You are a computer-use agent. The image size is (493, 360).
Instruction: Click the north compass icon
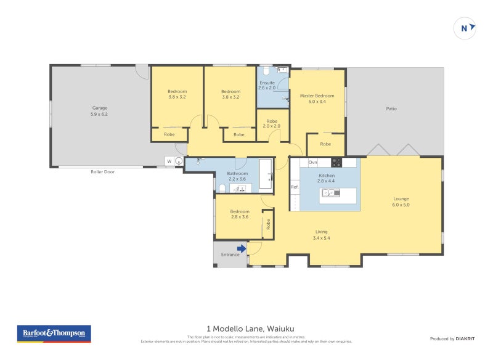point(465,28)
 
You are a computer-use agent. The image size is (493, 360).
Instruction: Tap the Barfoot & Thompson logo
point(53,333)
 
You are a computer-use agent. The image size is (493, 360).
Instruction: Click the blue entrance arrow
point(242,249)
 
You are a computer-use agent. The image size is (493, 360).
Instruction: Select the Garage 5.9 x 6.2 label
point(99,111)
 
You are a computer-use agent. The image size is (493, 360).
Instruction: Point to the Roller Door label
point(102,172)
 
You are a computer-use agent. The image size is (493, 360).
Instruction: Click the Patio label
point(391,108)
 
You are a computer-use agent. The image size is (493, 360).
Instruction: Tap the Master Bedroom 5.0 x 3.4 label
point(317,99)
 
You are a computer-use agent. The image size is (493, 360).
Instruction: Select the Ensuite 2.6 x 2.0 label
point(267,86)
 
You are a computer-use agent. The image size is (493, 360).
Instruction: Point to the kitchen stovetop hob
point(336,163)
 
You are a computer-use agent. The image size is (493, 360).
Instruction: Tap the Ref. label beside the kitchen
point(295,187)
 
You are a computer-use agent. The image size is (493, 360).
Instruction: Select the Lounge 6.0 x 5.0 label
point(401,202)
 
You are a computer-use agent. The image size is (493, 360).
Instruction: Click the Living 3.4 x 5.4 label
point(321,235)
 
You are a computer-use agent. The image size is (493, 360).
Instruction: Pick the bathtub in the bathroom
point(265,173)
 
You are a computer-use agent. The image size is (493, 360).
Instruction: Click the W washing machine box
point(168,162)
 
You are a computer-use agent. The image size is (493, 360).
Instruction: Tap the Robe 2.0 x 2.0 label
point(272,123)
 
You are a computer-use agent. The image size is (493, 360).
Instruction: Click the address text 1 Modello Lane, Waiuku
point(246,329)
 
